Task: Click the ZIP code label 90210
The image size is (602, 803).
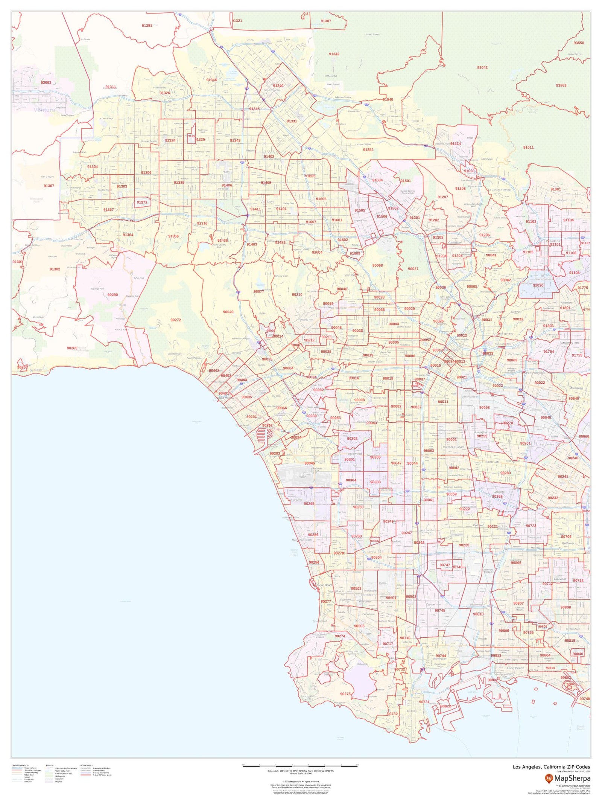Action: pyautogui.click(x=297, y=294)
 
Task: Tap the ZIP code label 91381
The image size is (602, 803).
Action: pyautogui.click(x=147, y=26)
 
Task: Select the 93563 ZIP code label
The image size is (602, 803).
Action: pyautogui.click(x=561, y=85)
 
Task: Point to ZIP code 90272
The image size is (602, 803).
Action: pyautogui.click(x=176, y=320)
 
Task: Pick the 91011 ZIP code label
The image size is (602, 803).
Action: pyautogui.click(x=528, y=147)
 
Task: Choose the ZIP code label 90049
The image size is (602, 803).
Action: pyautogui.click(x=228, y=312)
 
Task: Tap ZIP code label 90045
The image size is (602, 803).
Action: pyautogui.click(x=310, y=463)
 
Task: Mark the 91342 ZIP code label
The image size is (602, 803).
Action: pyautogui.click(x=334, y=54)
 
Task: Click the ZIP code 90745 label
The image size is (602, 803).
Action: pyautogui.click(x=440, y=610)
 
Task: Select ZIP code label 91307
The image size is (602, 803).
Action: pyautogui.click(x=49, y=186)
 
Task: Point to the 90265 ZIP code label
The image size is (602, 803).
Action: pyautogui.click(x=72, y=348)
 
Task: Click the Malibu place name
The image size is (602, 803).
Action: pyautogui.click(x=38, y=370)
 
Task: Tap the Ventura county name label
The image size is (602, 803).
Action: pyautogui.click(x=44, y=110)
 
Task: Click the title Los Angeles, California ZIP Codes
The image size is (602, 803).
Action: pyautogui.click(x=551, y=767)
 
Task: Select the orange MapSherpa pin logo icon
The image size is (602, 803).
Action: pyautogui.click(x=549, y=778)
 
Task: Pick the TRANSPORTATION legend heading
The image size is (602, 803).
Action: pyautogui.click(x=20, y=765)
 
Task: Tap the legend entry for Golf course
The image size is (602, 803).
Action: pyautogui.click(x=60, y=776)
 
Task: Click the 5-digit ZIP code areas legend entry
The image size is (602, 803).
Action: pyautogui.click(x=102, y=775)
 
